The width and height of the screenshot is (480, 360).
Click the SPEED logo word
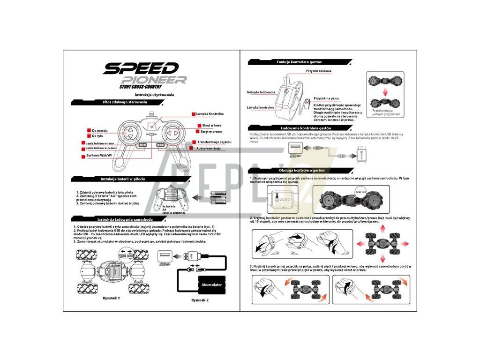(x=141, y=68)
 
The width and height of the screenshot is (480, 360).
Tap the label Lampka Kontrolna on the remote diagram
(x=209, y=114)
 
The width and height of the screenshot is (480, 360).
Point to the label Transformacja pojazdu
(x=213, y=142)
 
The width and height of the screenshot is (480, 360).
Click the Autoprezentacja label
(x=208, y=148)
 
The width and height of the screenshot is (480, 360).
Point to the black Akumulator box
(x=211, y=285)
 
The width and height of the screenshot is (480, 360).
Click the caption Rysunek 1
(x=112, y=298)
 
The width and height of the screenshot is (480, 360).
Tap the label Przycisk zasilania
(x=319, y=71)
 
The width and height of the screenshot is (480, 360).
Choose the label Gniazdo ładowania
(x=261, y=92)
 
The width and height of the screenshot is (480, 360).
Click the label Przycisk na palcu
(x=326, y=98)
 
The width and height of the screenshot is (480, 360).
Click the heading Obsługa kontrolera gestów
(x=301, y=170)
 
